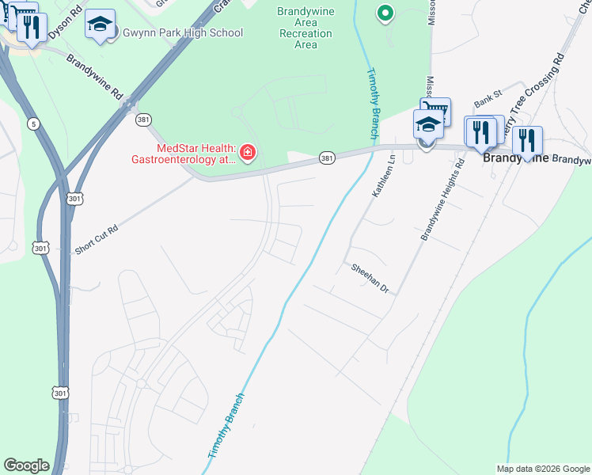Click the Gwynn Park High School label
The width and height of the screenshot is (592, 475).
[183, 32]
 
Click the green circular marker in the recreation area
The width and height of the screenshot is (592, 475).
[385, 13]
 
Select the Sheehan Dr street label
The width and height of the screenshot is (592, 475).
[370, 279]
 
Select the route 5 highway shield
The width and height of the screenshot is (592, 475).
[33, 123]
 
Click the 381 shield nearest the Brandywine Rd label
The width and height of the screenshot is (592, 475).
[143, 119]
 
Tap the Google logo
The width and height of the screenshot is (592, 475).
[26, 465]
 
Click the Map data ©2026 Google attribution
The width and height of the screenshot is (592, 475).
[542, 469]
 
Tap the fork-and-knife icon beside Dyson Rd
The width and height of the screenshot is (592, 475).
[30, 28]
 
